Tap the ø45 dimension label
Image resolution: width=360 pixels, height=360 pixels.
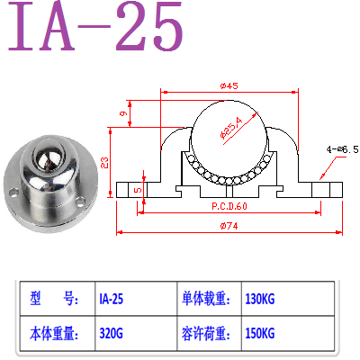(x=228, y=86)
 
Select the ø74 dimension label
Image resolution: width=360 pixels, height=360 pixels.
(x=228, y=225)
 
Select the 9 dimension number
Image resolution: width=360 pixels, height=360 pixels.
(x=122, y=114)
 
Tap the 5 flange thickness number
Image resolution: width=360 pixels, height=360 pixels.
(x=137, y=190)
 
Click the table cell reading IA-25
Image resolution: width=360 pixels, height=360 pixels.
(x=111, y=298)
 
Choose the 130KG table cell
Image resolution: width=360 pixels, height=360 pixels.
(x=261, y=298)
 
